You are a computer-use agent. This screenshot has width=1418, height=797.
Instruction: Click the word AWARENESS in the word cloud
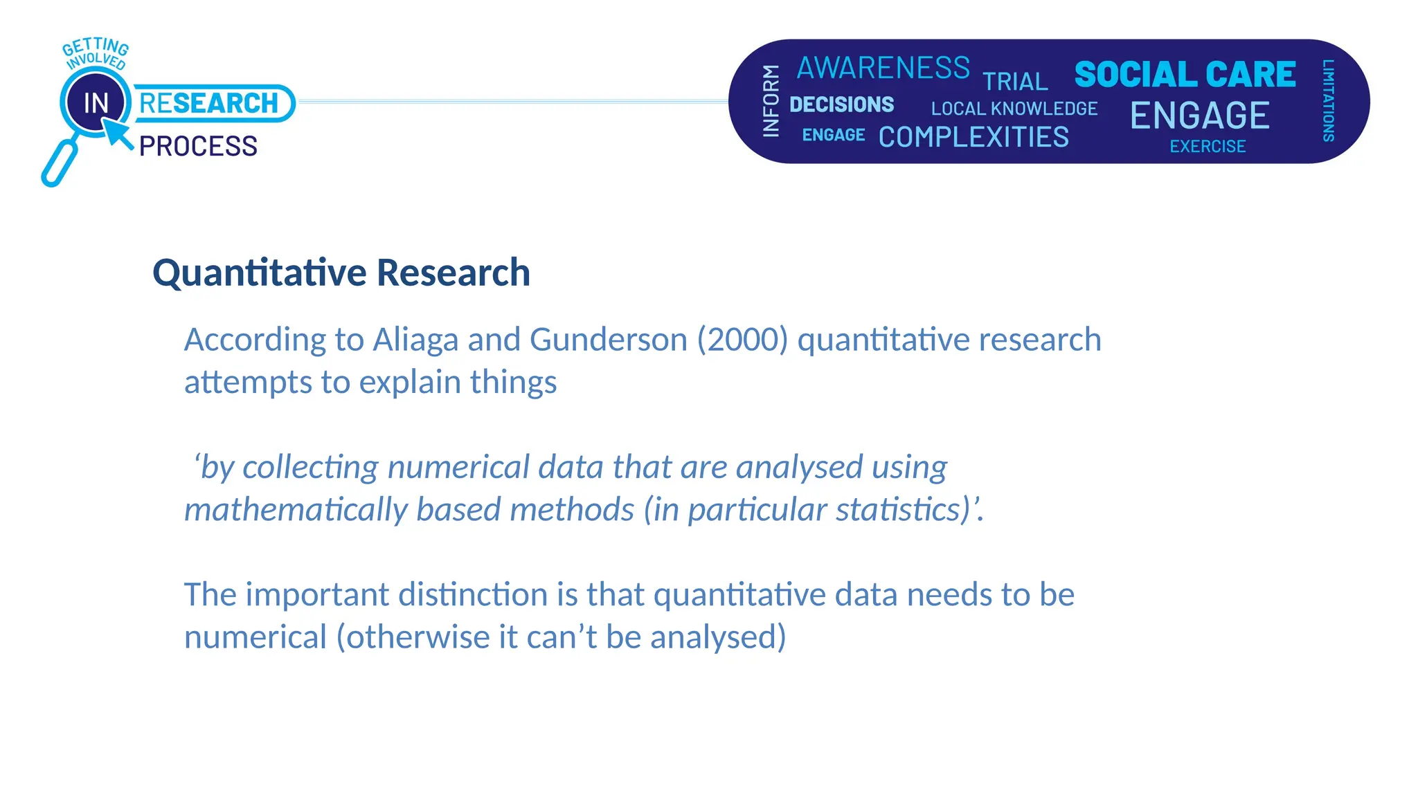(883, 68)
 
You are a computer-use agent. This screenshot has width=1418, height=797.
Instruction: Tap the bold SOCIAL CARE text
(1185, 75)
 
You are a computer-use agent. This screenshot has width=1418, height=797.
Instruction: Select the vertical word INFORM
(771, 101)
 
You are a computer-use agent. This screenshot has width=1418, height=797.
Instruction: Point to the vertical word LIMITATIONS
(1328, 100)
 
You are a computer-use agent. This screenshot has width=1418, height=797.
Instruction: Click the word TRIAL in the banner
(1015, 82)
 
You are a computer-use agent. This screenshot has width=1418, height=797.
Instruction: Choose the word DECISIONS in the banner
(841, 104)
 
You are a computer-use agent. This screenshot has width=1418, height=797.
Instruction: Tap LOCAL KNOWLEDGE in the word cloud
(1014, 109)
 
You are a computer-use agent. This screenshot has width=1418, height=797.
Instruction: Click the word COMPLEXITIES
(973, 137)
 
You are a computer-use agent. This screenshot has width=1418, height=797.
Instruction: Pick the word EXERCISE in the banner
(1208, 147)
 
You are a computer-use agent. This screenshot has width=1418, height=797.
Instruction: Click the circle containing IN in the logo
(96, 103)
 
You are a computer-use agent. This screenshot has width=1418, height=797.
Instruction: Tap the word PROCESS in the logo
(198, 147)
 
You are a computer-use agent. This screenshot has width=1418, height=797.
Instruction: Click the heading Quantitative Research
(341, 272)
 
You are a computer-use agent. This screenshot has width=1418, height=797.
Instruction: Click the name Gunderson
(609, 340)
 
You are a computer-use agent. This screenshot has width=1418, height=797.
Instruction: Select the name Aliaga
(415, 340)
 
